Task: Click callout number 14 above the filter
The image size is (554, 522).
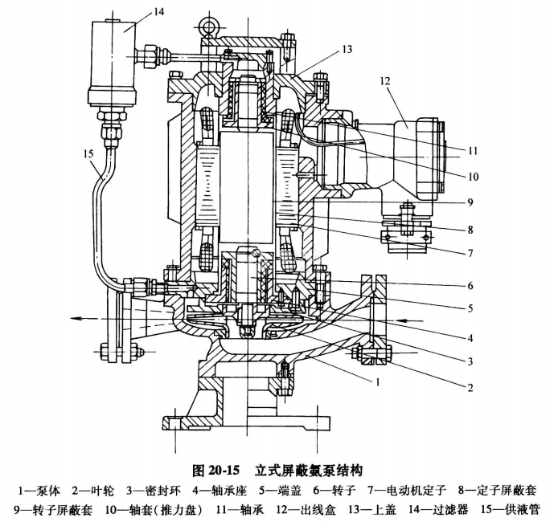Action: (136, 10)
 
